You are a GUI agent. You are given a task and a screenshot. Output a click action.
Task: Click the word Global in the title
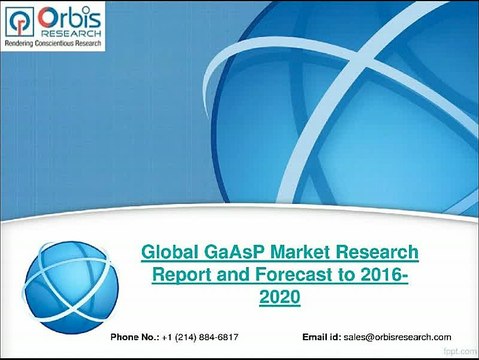[170, 252]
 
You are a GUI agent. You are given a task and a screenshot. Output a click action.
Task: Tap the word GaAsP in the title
[235, 252]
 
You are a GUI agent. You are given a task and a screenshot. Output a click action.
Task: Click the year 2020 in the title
[280, 296]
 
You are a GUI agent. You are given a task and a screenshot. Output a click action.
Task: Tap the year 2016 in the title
[381, 275]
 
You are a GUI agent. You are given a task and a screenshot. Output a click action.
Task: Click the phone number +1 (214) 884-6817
[200, 337]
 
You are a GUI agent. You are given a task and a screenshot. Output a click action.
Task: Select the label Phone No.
[135, 337]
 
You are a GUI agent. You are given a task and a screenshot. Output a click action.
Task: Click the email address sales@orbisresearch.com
[397, 337]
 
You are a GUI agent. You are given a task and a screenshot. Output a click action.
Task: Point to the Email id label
[321, 337]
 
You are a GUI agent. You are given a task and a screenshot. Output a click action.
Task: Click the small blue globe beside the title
[71, 287]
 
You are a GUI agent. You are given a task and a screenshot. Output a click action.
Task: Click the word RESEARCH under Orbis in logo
[71, 33]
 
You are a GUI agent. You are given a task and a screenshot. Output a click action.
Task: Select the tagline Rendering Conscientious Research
[53, 43]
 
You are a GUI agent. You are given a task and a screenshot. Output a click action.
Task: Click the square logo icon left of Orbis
[20, 21]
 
